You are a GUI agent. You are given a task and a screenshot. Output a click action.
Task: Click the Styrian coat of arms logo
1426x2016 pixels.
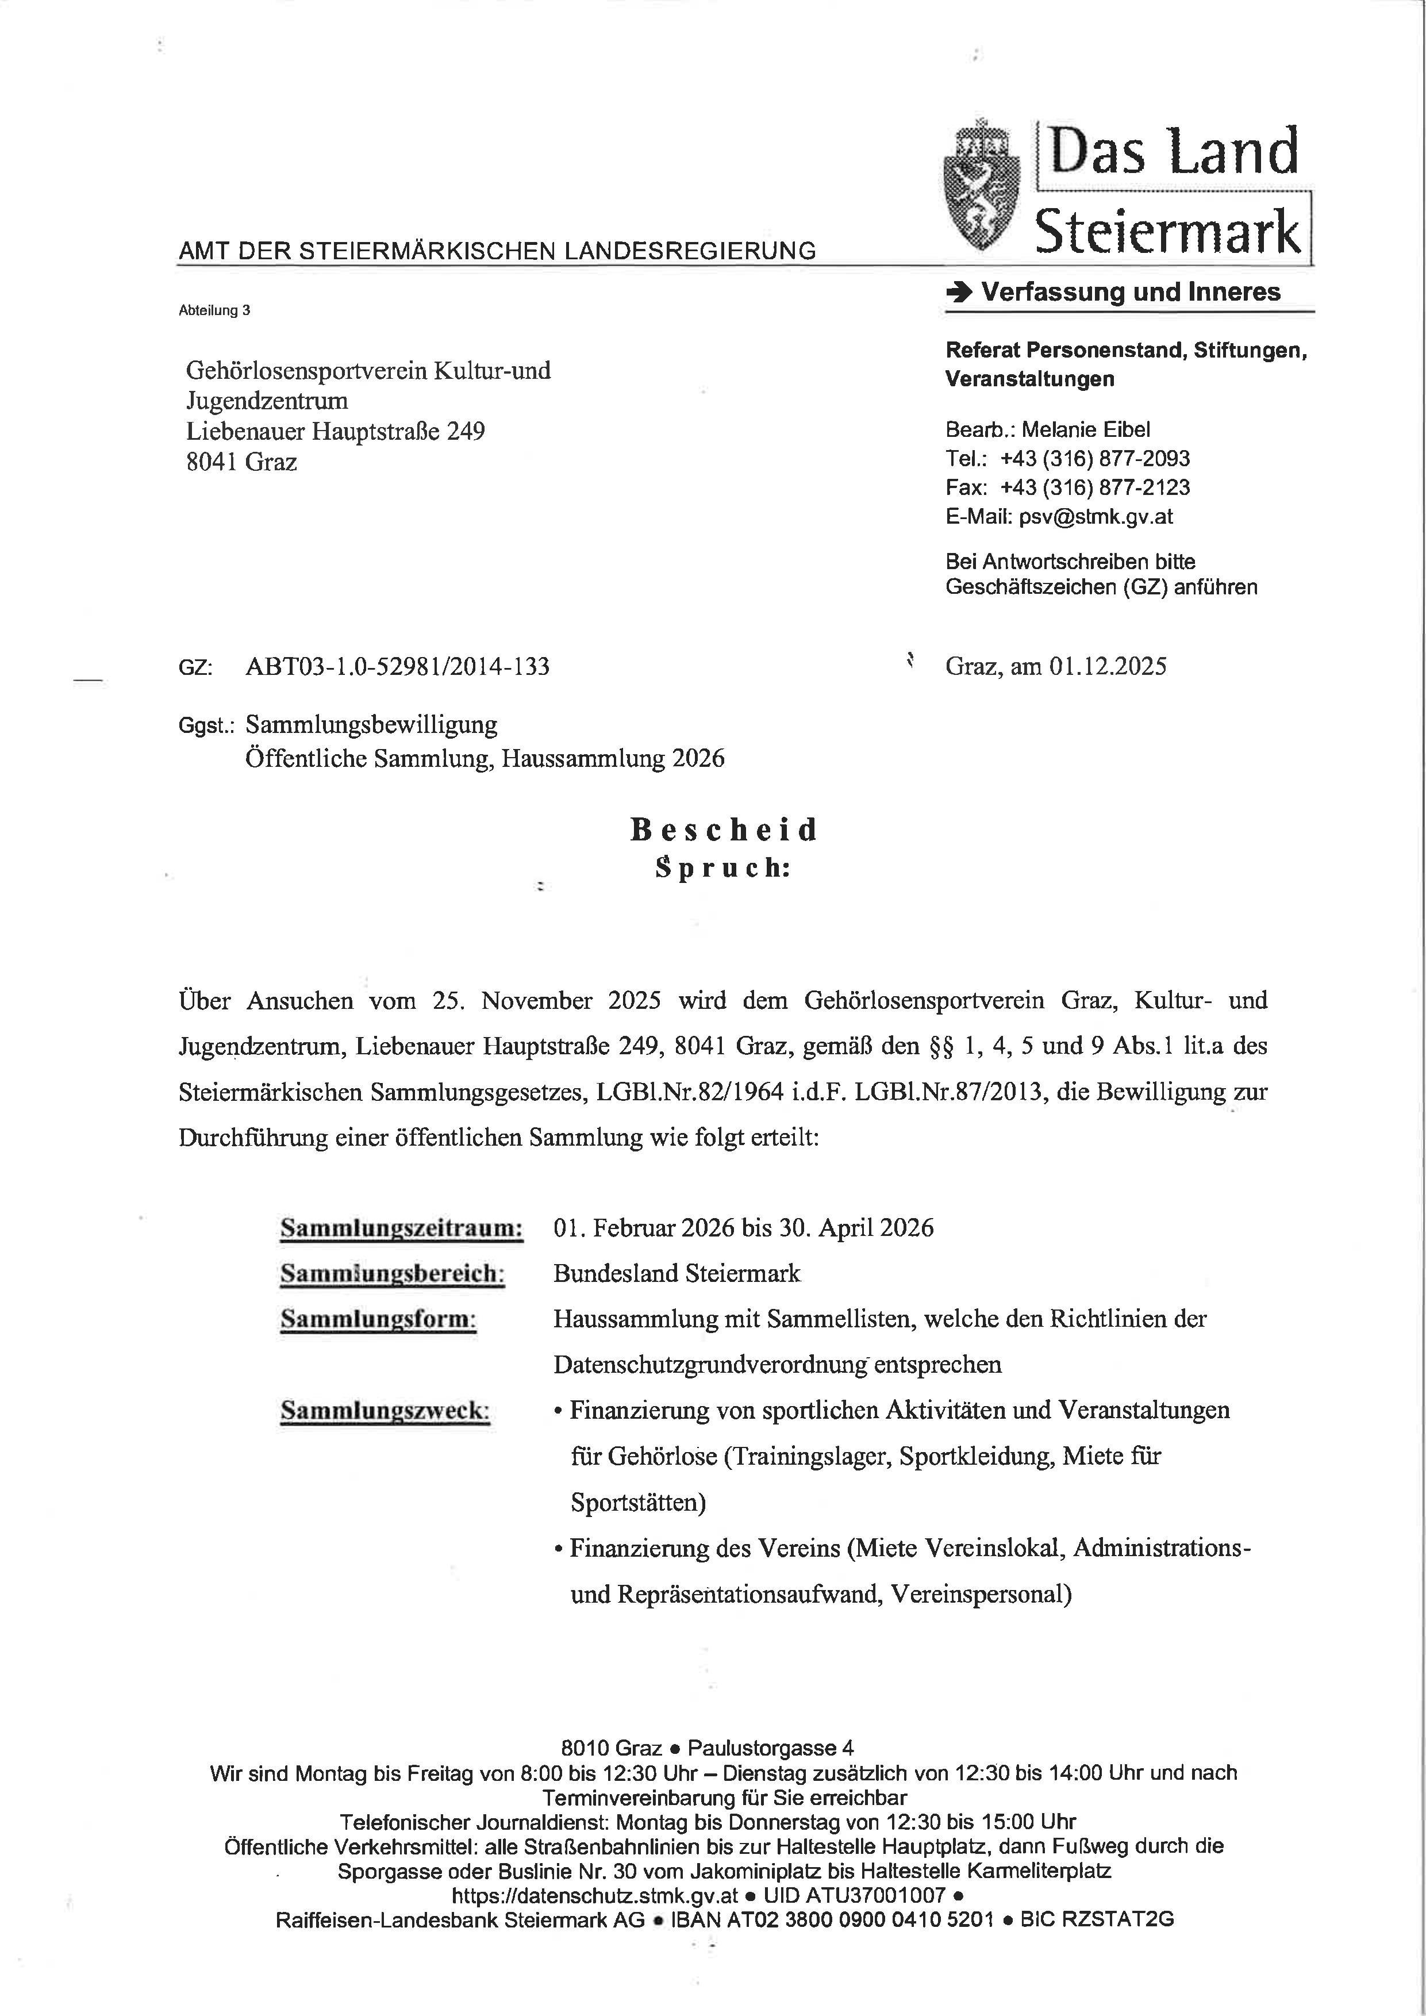(982, 185)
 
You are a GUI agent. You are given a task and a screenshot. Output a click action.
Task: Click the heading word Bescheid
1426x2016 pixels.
(724, 830)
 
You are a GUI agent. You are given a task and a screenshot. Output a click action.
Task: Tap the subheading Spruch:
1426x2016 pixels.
(722, 867)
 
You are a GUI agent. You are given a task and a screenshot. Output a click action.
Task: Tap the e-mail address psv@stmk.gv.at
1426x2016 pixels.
(1096, 516)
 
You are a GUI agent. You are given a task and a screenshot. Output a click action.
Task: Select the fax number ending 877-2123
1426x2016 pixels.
(1095, 487)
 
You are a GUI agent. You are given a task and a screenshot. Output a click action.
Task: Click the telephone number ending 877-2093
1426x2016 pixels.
(1095, 458)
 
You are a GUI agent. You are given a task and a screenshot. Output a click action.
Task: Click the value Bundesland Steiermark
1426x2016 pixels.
(677, 1273)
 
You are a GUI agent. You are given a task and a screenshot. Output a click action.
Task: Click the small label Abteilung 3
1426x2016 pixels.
(214, 310)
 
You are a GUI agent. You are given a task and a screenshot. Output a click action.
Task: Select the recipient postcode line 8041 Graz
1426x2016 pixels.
(241, 462)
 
